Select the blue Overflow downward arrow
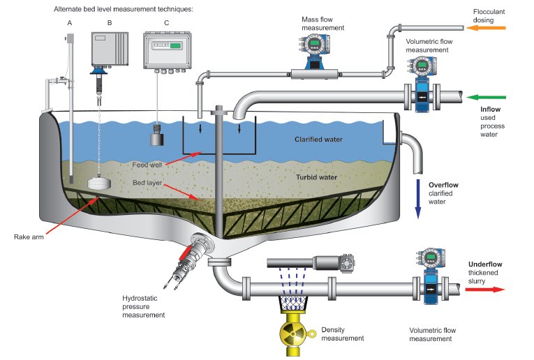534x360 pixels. (x=418, y=199)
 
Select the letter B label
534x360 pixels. (x=107, y=22)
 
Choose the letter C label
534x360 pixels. (x=165, y=22)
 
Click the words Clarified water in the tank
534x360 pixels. (x=318, y=140)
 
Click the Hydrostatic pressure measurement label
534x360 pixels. (x=145, y=306)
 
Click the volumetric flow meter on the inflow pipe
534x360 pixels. (x=421, y=83)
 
